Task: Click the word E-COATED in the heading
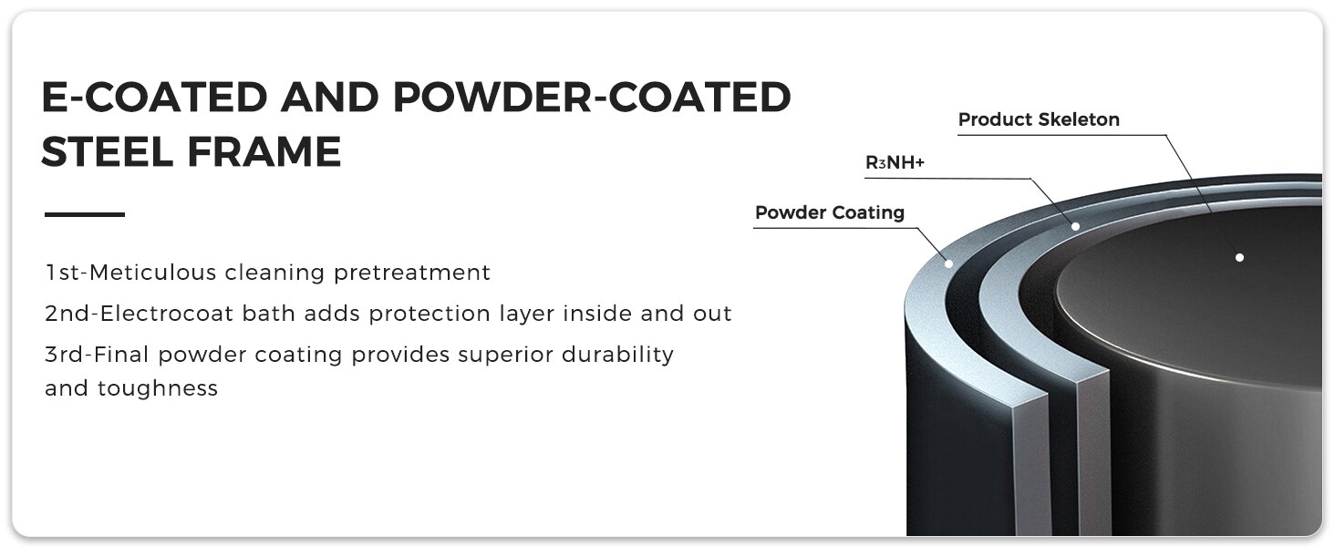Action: pyautogui.click(x=155, y=97)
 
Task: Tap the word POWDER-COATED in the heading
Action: pyautogui.click(x=592, y=97)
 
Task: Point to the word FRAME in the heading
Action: pyautogui.click(x=264, y=151)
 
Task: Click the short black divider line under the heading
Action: pyautogui.click(x=85, y=214)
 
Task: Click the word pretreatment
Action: pyautogui.click(x=412, y=273)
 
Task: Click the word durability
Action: pyautogui.click(x=617, y=356)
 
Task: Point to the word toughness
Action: pyautogui.click(x=158, y=388)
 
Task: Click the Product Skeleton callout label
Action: pyautogui.click(x=1039, y=119)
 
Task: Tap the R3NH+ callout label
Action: pyautogui.click(x=895, y=162)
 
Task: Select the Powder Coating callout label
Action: pyautogui.click(x=830, y=212)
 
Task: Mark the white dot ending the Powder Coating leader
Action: pyautogui.click(x=948, y=263)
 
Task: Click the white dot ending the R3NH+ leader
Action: pyautogui.click(x=1075, y=226)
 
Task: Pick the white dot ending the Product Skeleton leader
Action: pyautogui.click(x=1239, y=257)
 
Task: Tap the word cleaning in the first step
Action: pyautogui.click(x=274, y=273)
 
